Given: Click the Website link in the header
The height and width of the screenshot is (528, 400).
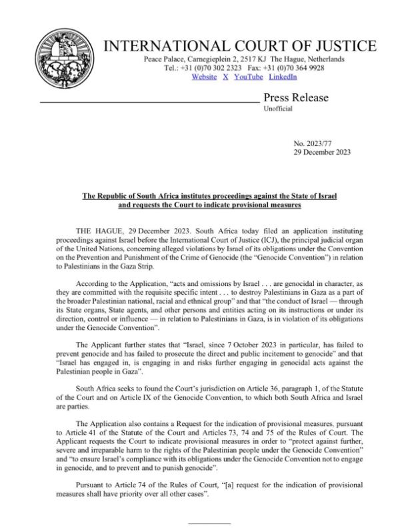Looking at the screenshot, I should (204, 77).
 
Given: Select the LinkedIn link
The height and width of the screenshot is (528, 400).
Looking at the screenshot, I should (283, 77).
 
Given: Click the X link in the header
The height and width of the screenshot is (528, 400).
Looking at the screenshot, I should (225, 77).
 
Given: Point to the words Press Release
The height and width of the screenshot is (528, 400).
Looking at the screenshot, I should (296, 98).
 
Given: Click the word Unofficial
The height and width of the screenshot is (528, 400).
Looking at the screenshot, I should (278, 109).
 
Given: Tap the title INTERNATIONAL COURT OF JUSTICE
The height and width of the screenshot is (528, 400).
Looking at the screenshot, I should (249, 47).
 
